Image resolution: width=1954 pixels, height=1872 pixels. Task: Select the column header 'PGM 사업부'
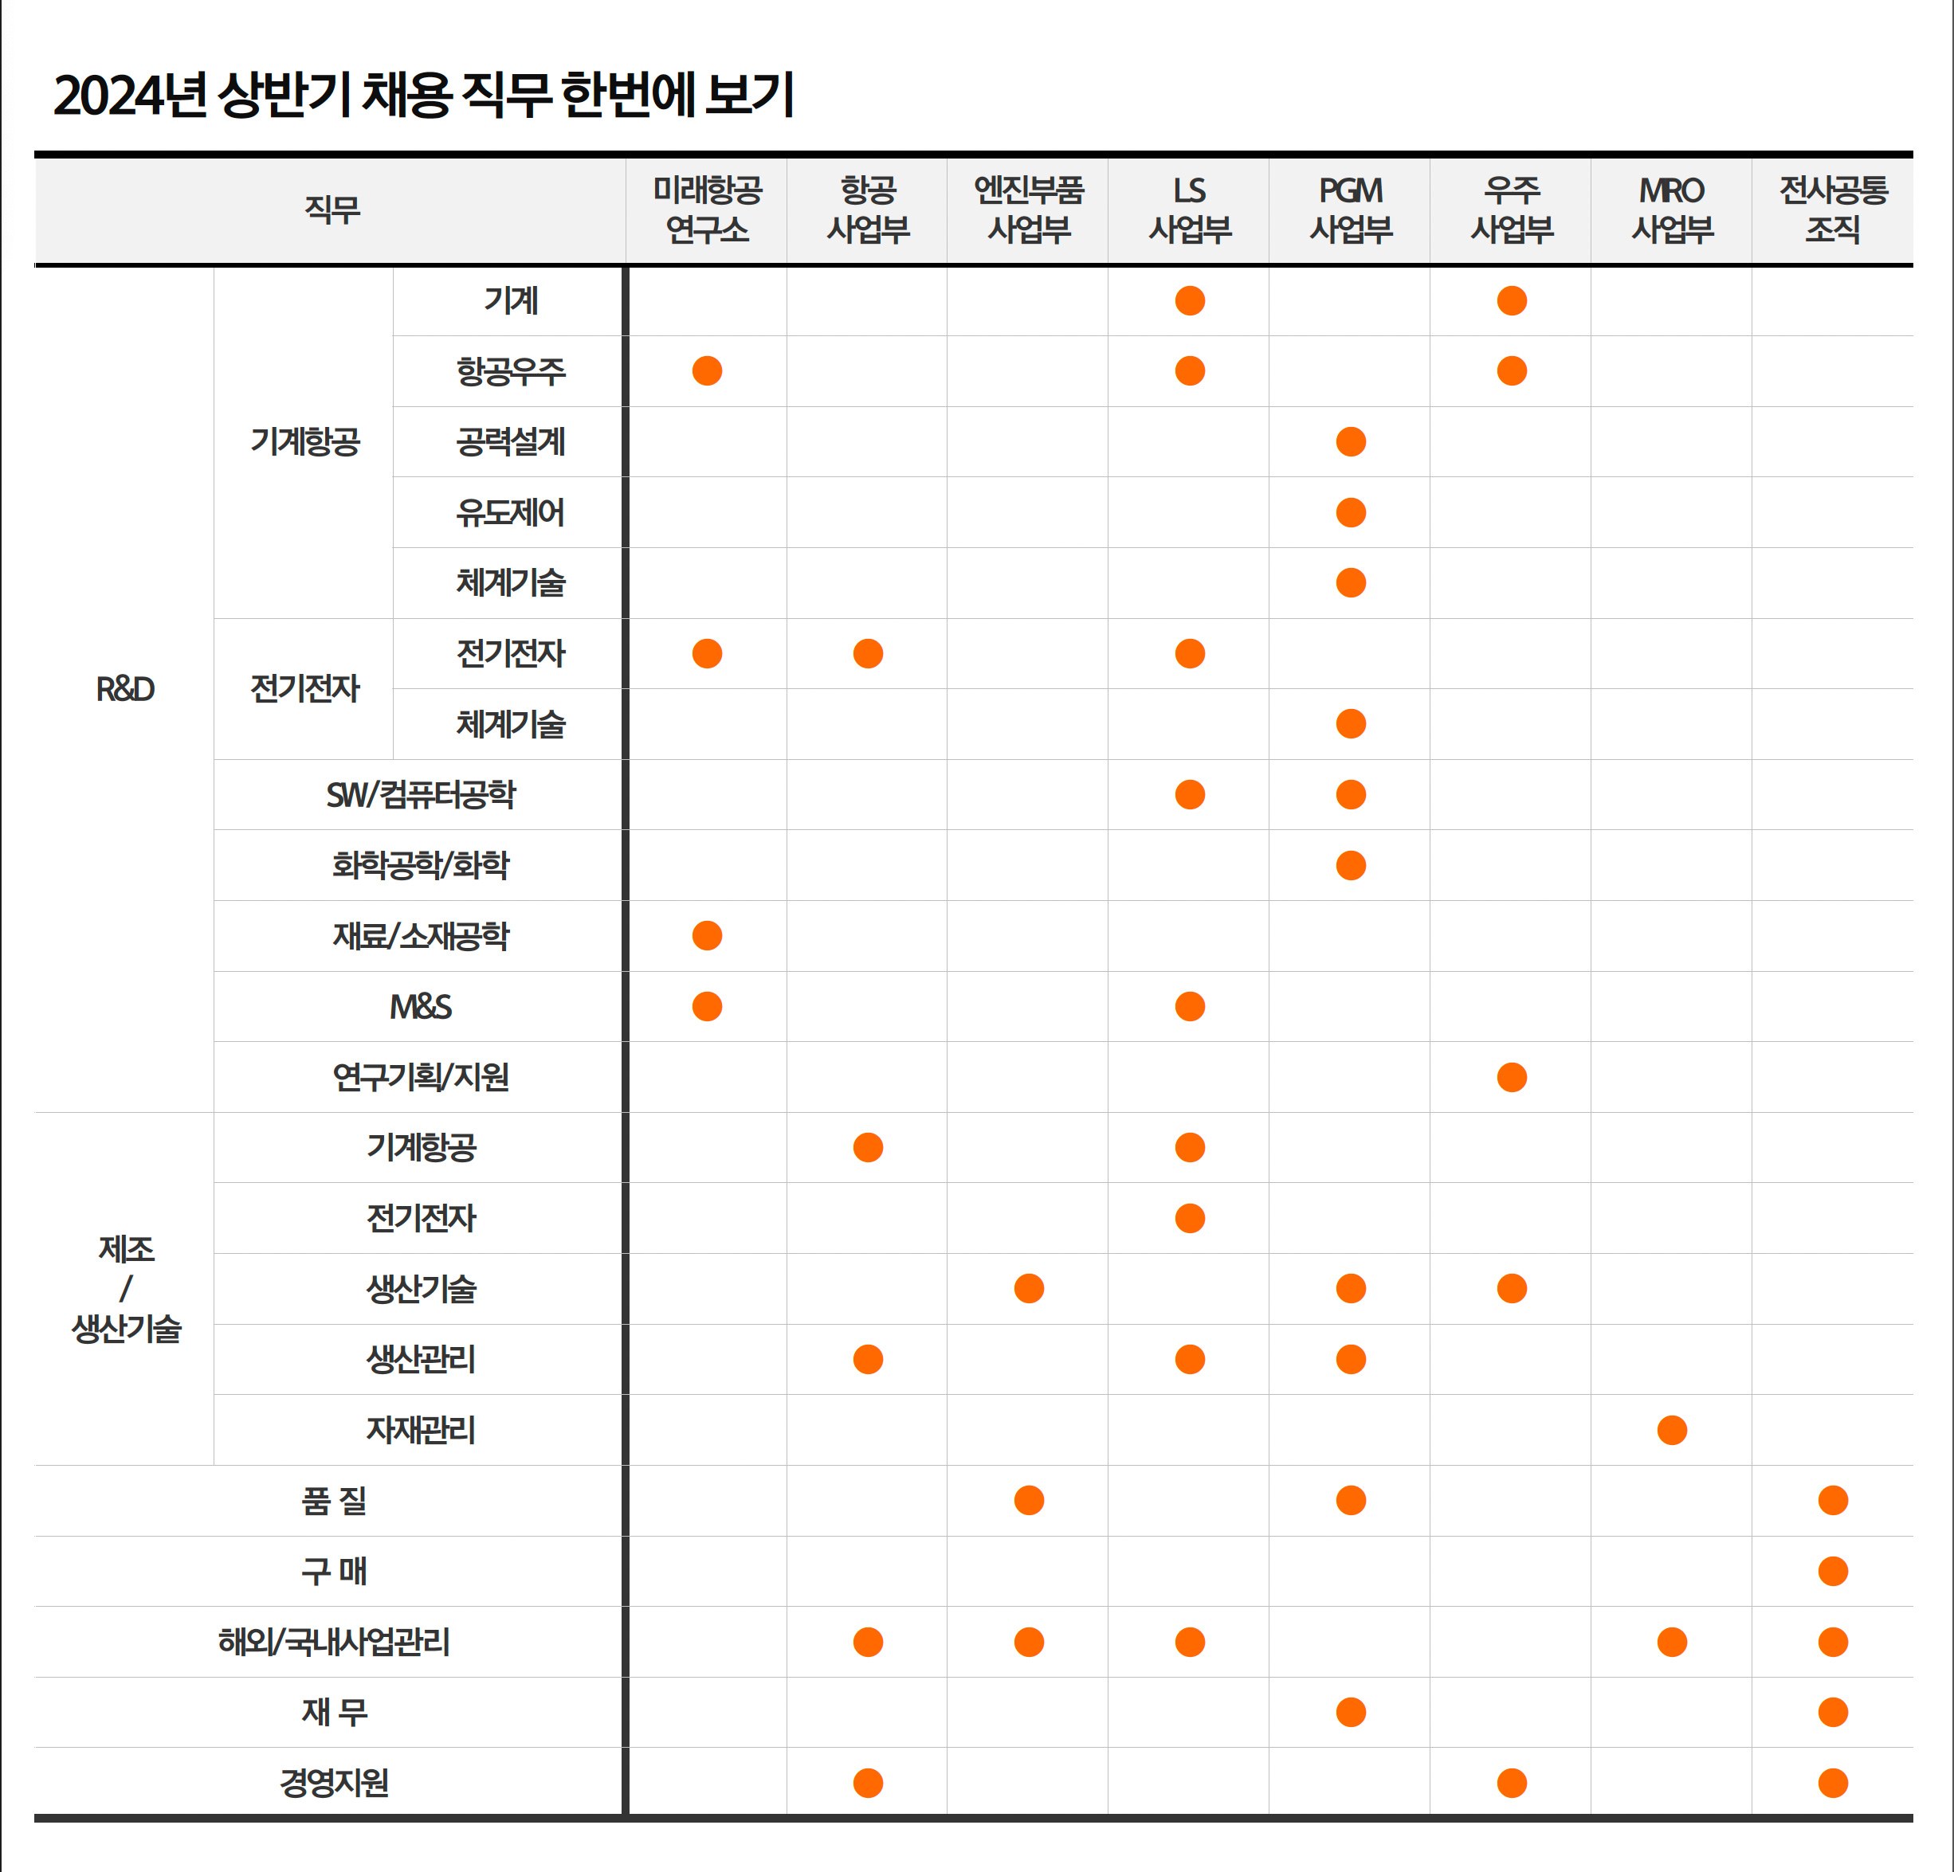(1351, 210)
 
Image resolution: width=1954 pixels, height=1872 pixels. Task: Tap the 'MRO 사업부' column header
(1672, 210)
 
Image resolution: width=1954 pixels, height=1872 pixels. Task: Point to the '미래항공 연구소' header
(707, 210)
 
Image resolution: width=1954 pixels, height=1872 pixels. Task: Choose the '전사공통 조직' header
(1832, 210)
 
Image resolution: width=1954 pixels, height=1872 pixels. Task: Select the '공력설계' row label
(511, 441)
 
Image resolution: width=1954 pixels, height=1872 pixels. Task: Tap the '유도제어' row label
(511, 512)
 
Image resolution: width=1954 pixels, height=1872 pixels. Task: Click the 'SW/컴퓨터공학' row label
(421, 794)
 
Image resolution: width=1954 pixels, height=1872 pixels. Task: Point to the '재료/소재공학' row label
(421, 936)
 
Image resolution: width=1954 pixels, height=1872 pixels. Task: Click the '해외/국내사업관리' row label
(334, 1642)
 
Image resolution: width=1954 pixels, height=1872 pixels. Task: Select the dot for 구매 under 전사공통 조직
(1832, 1571)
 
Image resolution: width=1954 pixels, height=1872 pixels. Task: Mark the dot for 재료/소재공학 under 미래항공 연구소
(707, 936)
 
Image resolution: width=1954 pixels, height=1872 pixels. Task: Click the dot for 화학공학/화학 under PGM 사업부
(1351, 865)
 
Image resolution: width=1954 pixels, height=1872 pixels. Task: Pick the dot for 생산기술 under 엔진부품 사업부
(1029, 1289)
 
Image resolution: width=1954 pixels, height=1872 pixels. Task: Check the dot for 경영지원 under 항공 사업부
(869, 1782)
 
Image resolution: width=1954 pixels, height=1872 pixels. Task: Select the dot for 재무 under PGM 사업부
(1351, 1713)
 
